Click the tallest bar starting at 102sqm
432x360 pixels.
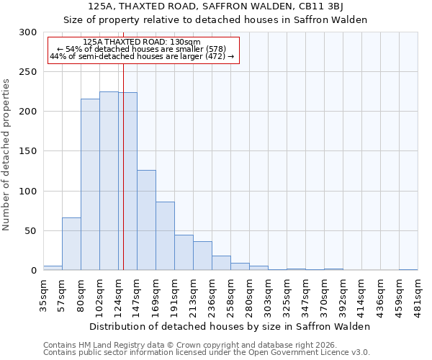[x=109, y=181]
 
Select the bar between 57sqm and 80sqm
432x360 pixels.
[x=71, y=243]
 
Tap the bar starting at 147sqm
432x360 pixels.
[x=146, y=220]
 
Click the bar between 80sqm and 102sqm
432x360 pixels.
[x=90, y=184]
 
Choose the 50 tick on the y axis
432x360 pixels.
[x=30, y=231]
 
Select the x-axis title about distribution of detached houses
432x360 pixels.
[x=230, y=326]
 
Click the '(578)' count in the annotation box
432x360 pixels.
[x=215, y=49]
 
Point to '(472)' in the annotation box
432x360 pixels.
[x=215, y=56]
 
